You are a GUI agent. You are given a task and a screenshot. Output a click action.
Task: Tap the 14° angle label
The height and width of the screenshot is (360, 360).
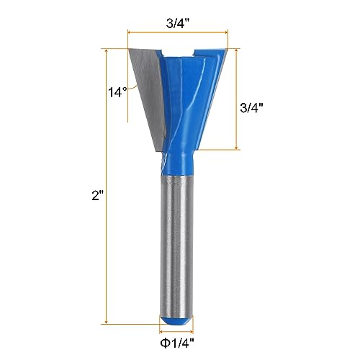click(118, 91)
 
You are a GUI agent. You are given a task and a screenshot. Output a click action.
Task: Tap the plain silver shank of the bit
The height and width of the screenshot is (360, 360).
click(178, 245)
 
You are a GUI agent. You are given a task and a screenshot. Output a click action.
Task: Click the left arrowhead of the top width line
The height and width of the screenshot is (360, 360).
click(130, 32)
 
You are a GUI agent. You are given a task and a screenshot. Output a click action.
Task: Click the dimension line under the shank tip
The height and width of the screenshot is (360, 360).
click(178, 330)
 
